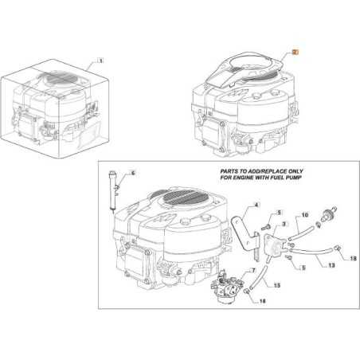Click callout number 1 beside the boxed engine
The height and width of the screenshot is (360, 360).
[101, 60]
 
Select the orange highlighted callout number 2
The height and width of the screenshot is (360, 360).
[294, 50]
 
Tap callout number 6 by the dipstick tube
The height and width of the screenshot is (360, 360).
[134, 173]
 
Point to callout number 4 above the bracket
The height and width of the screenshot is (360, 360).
[256, 205]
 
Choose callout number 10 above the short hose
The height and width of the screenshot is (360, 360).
[303, 215]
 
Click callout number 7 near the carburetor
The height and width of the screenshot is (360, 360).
[253, 271]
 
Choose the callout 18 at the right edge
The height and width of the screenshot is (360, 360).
[354, 259]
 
